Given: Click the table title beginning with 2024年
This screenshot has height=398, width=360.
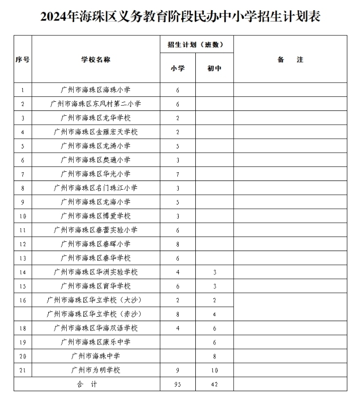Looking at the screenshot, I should pos(180,17).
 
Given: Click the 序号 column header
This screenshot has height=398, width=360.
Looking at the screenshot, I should pos(22,59).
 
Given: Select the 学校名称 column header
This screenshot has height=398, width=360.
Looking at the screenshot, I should pos(96,59).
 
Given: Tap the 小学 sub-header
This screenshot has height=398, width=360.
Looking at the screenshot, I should pos(178,68).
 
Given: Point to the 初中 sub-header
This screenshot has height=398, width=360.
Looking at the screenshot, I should pos(214,68).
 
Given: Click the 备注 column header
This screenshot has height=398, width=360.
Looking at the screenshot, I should pos(290,59).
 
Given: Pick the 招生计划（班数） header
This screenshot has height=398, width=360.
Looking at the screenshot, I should pos(196,44).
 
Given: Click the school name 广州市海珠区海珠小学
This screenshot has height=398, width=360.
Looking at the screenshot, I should pos(96,90).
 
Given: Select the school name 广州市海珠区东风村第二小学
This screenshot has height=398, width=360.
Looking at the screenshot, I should pos(96,104).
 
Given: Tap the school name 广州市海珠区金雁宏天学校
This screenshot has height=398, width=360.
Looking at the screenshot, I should pos(96,132).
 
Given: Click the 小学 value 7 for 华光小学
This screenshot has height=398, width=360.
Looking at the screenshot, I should pos(178,174).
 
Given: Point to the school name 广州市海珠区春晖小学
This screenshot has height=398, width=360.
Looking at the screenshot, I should pos(96,244).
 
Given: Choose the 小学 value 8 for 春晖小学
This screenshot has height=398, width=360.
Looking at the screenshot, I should pos(178,244).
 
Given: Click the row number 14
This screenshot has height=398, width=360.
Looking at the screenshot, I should pos(22,272).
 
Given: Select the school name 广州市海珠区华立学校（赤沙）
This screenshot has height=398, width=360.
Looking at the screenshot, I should pos(96,314).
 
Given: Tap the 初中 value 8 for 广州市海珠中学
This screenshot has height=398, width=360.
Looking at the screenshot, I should pos(214,356).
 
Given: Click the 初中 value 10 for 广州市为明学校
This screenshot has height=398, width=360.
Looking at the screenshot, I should pos(214,370).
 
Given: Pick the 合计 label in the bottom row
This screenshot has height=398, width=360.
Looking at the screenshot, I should pos(87,384).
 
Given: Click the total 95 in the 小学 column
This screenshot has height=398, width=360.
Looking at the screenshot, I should pos(178,384).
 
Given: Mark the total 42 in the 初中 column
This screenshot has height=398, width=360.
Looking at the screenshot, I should pos(214,384).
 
